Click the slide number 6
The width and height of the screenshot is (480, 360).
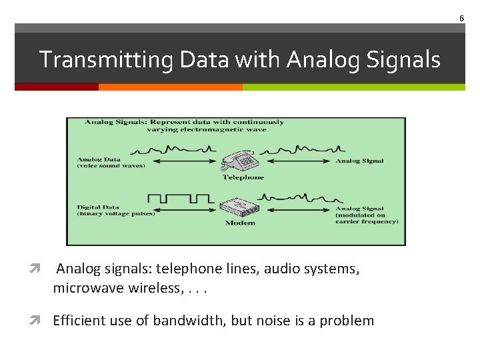click(461, 18)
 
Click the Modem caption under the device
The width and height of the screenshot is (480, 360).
click(240, 223)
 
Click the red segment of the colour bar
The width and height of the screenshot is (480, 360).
click(57, 87)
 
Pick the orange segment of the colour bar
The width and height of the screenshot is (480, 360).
click(170, 87)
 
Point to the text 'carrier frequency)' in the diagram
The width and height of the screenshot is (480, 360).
click(367, 222)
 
